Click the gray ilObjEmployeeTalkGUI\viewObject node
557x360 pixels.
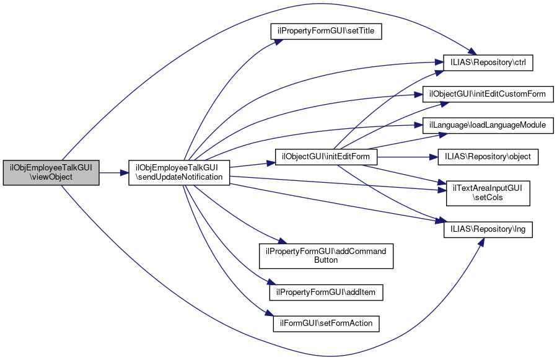tap(51, 172)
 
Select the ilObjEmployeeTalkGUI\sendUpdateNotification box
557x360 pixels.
tap(179, 172)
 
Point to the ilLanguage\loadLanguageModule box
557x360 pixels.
tap(488, 125)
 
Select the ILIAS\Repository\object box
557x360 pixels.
tap(488, 157)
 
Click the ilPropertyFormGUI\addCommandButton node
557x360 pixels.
tap(326, 255)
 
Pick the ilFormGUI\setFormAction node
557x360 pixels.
tap(326, 323)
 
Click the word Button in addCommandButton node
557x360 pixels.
tap(326, 260)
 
